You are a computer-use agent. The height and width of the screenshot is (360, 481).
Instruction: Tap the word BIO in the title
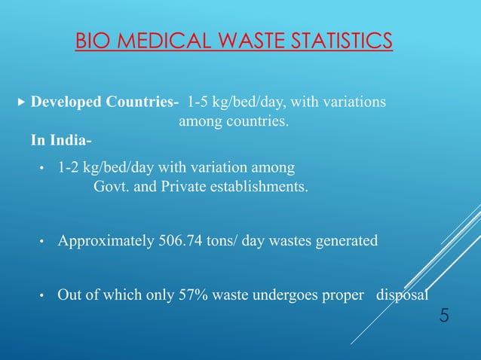pos(93,38)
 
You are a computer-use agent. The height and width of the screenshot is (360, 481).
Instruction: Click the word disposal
pos(402,294)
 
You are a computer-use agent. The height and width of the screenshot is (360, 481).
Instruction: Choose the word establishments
pos(262,186)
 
